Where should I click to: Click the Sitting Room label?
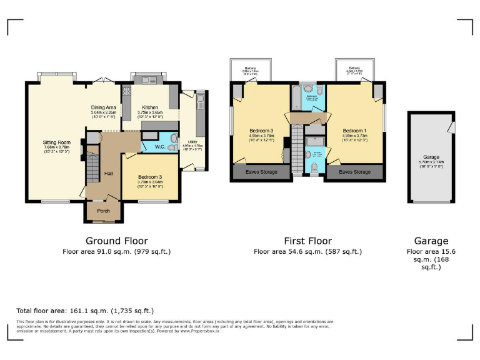tap(57, 142)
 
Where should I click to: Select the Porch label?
tap(104, 211)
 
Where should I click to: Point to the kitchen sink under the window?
tap(147, 79)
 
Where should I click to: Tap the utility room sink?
tap(200, 100)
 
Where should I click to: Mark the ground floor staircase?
tap(92, 167)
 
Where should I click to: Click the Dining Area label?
tap(104, 107)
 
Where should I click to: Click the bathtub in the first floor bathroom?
tap(296, 99)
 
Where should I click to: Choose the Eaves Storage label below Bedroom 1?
tap(354, 172)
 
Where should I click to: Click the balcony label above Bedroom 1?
tap(354, 67)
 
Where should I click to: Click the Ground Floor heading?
tap(116, 241)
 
